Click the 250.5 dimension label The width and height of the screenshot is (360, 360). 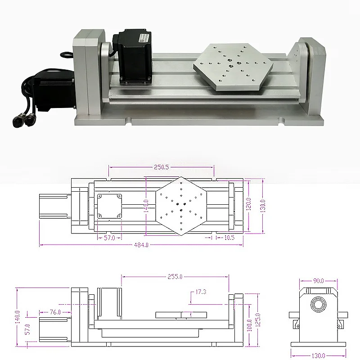(161, 167)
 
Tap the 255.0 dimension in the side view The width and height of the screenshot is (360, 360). (175, 277)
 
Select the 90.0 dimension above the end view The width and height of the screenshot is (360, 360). (318, 281)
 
